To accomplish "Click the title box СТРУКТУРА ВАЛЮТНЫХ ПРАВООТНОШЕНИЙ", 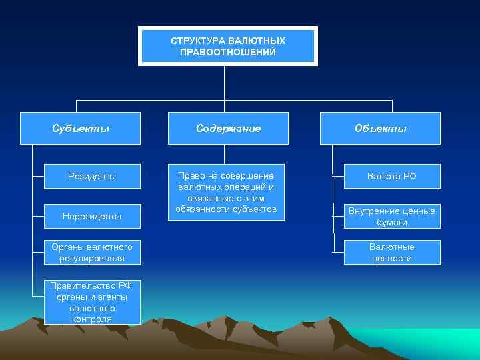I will (227, 46).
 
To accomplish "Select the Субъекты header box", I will (81, 128).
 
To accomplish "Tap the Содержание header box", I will (228, 128).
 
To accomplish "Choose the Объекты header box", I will (380, 128).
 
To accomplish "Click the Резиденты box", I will (92, 177).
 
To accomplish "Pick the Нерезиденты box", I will (92, 216).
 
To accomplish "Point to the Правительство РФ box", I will (92, 303).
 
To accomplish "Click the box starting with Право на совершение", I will (225, 192).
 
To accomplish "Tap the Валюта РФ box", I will (392, 177).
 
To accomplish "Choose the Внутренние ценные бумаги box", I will (392, 217).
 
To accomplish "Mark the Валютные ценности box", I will (392, 253).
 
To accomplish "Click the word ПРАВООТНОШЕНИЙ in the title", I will (227, 52).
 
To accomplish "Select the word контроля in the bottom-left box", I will (93, 319).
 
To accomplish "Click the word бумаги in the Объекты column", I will (392, 223).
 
